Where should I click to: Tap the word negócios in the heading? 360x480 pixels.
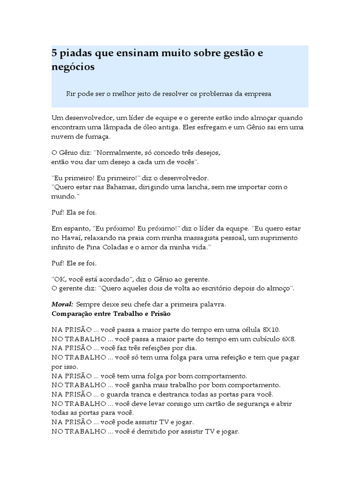coord(73,67)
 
